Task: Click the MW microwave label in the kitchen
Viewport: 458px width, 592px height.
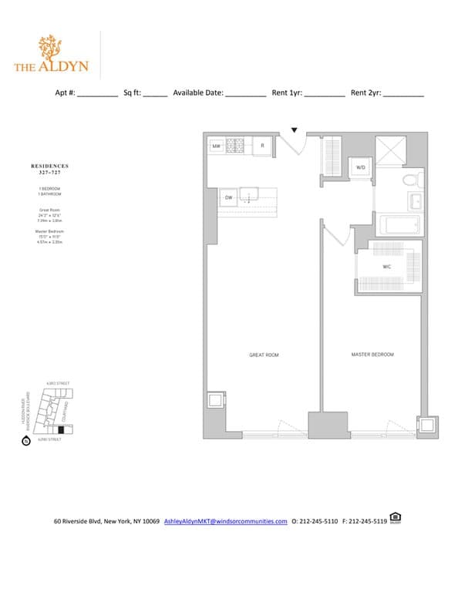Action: [x=217, y=145]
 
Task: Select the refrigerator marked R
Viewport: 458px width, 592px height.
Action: [x=262, y=145]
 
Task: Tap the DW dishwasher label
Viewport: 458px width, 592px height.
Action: [x=228, y=198]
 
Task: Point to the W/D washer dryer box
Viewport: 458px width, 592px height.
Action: [x=361, y=167]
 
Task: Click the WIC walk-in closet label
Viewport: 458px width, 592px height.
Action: [x=388, y=267]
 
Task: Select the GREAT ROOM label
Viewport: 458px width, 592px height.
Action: [x=264, y=355]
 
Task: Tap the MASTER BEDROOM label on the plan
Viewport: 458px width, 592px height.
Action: [x=372, y=355]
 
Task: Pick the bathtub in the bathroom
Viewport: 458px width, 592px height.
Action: [x=399, y=226]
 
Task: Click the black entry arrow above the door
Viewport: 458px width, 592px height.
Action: [x=294, y=129]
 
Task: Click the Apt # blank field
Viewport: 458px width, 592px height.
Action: [x=97, y=94]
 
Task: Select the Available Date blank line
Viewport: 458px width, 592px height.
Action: [x=245, y=94]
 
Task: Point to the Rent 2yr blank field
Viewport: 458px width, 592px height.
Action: [x=403, y=94]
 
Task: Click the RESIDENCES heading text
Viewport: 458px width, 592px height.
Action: [x=49, y=166]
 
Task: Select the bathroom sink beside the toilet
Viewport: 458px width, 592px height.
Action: [x=414, y=202]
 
